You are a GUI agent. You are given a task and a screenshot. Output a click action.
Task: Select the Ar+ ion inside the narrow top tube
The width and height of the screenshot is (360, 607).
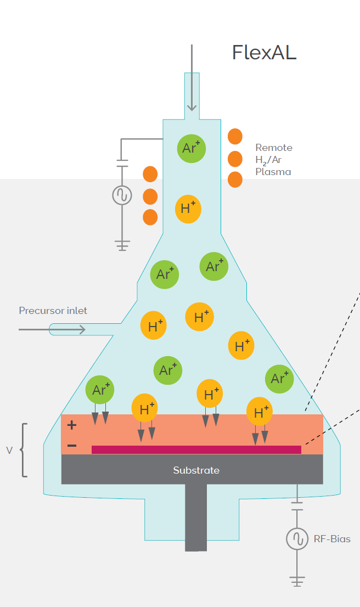click(x=192, y=148)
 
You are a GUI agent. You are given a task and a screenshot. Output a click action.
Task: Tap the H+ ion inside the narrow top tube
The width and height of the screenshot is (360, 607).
click(x=188, y=209)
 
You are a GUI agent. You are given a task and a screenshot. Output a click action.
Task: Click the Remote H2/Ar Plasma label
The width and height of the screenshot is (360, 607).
click(x=273, y=160)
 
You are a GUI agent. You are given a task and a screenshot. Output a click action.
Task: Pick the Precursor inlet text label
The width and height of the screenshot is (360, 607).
click(x=53, y=311)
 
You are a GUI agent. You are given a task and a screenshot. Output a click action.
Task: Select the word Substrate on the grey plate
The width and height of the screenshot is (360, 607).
click(x=196, y=470)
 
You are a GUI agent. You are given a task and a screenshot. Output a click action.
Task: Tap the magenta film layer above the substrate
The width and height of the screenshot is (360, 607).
click(x=196, y=449)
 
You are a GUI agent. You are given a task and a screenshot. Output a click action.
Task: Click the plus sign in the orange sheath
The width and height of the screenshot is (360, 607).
click(x=72, y=424)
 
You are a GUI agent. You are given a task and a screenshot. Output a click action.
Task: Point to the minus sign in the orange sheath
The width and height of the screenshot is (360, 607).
click(x=72, y=445)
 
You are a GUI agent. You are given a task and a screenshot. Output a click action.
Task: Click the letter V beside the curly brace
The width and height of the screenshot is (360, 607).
click(x=9, y=451)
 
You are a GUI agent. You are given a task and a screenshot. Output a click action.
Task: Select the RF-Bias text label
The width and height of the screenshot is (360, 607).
click(x=331, y=538)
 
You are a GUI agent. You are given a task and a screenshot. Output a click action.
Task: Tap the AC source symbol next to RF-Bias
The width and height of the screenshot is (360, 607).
click(x=297, y=538)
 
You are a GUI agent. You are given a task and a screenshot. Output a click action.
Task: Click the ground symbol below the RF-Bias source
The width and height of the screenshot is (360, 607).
click(x=297, y=581)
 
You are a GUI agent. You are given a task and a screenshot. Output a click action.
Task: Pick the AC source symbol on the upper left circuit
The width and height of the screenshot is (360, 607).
click(x=122, y=195)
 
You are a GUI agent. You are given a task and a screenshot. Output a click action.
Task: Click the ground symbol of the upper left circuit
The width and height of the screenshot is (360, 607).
click(x=122, y=245)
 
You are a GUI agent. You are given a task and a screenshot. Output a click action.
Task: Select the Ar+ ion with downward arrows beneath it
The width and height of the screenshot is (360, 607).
click(x=100, y=390)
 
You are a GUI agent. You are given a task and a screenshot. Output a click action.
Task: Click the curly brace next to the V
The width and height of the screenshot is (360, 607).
click(x=23, y=450)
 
